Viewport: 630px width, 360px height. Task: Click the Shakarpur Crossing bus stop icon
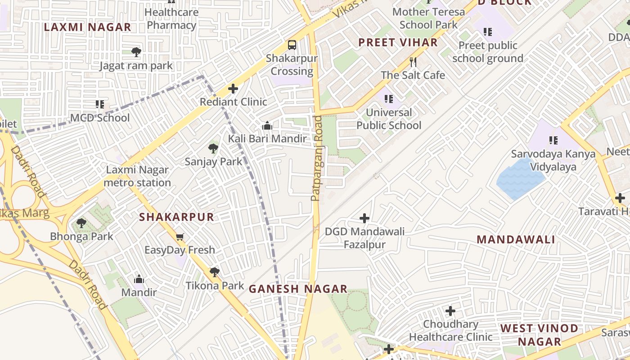coord(292,45)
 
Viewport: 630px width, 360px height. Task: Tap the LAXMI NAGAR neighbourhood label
coord(87,27)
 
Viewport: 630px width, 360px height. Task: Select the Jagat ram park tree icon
coord(136,52)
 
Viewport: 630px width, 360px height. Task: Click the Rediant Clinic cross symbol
coord(233,88)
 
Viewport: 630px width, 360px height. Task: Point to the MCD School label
coord(100,118)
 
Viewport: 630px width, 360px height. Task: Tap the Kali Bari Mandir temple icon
coord(267,126)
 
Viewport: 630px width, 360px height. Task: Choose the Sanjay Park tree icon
coord(213,148)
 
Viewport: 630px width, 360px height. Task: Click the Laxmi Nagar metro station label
coord(137,176)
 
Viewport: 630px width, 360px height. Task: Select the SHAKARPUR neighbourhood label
coord(176,217)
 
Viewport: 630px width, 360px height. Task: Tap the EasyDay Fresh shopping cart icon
coord(180,237)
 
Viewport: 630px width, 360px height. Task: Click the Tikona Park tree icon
coord(215,272)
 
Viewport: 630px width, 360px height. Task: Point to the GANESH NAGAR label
coord(298,289)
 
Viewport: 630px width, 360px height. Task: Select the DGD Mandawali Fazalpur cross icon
coord(364,219)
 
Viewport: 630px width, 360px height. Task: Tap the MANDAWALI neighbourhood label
coord(516,239)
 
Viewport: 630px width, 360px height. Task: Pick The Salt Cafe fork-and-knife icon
coord(413,62)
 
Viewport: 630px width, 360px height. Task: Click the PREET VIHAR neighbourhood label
coord(398,43)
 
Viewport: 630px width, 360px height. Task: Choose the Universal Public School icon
coord(389,99)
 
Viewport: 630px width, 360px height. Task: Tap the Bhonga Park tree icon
coord(81,223)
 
